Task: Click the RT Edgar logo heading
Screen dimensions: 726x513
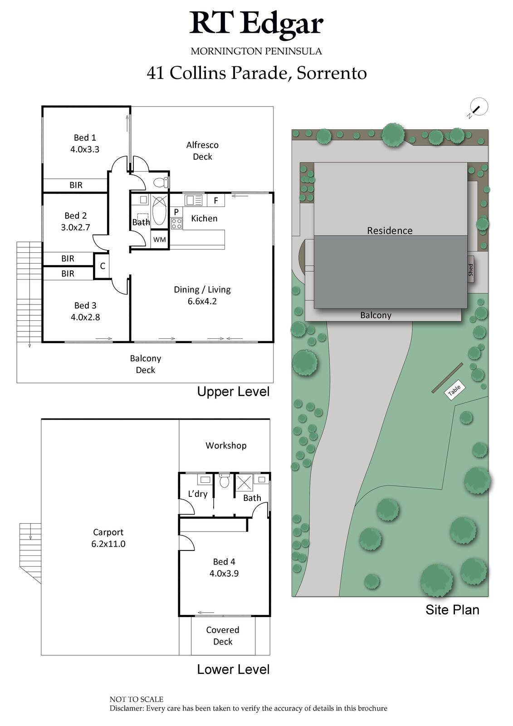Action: [256, 24]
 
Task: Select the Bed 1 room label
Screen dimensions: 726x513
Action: [85, 137]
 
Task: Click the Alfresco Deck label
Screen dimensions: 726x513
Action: [202, 151]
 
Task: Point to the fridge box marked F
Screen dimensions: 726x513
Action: [216, 200]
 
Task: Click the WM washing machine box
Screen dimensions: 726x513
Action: [159, 240]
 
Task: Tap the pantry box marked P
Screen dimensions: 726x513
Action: [176, 212]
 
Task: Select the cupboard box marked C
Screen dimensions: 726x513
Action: [103, 266]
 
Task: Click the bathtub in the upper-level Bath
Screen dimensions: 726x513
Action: [159, 210]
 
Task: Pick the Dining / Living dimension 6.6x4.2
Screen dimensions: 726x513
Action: [202, 301]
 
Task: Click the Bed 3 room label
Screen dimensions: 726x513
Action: [85, 305]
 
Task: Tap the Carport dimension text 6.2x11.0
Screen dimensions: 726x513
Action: [108, 544]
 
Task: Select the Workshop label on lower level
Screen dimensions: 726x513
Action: [226, 446]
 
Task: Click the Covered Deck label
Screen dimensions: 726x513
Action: [223, 636]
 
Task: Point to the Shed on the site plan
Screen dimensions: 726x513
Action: [471, 270]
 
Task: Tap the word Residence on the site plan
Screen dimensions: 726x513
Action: [390, 231]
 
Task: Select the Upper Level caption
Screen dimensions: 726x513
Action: [233, 392]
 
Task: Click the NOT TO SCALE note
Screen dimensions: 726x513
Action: [137, 699]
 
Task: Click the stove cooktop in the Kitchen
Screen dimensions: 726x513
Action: [176, 223]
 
